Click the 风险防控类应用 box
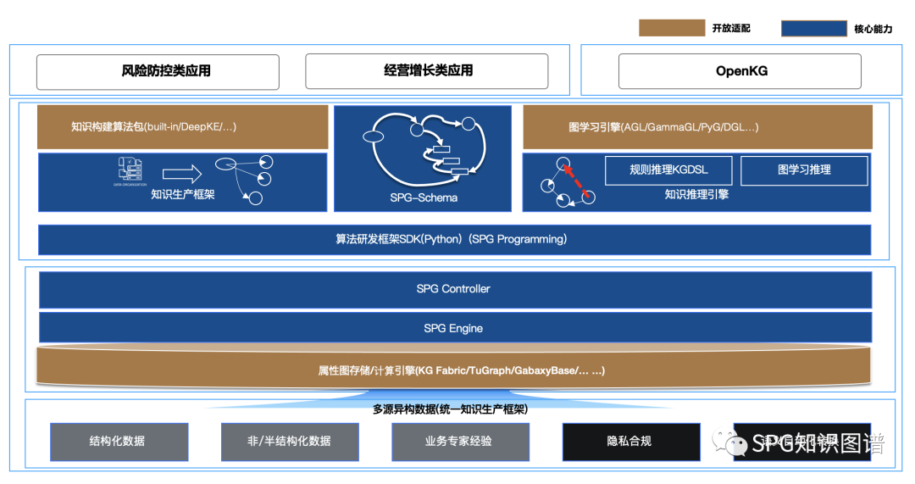(x=158, y=72)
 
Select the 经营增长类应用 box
(x=426, y=72)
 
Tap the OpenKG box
(x=740, y=72)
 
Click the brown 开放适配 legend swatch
(x=671, y=28)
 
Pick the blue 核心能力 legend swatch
(x=814, y=29)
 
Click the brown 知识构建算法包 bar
(x=182, y=127)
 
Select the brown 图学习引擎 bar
(x=696, y=127)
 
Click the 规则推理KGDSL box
(x=668, y=170)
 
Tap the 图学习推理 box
(x=803, y=170)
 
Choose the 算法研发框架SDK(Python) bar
(x=454, y=239)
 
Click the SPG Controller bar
(x=454, y=289)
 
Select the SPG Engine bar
(x=454, y=328)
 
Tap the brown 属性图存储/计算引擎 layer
(x=454, y=370)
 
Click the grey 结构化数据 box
(x=117, y=442)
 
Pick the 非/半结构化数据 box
(x=290, y=442)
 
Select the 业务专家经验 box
(x=459, y=442)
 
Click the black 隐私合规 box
(x=629, y=442)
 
